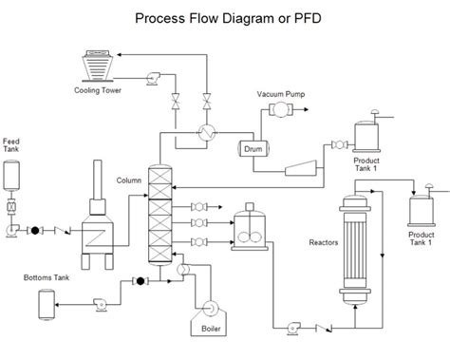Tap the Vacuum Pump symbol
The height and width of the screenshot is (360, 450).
(x=282, y=111)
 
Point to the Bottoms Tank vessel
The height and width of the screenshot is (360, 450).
(x=45, y=303)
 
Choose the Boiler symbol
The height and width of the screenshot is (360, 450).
(x=206, y=311)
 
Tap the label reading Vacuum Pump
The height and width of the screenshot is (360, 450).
(x=282, y=94)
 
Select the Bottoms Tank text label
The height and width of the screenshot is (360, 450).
(x=47, y=277)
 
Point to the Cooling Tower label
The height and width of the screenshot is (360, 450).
(x=100, y=91)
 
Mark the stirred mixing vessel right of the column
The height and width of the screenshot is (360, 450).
(x=248, y=228)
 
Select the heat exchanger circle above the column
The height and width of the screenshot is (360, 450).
(x=203, y=133)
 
